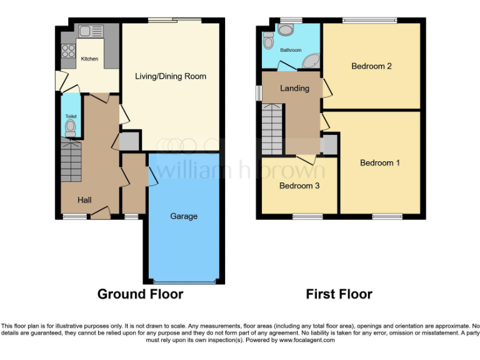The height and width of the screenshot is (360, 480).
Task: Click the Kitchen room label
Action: (89, 59)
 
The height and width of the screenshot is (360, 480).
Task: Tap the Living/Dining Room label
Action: (171, 76)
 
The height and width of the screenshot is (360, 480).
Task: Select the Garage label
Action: (184, 216)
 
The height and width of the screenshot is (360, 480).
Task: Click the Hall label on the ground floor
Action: (84, 200)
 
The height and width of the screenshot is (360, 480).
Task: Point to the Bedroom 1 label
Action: (380, 163)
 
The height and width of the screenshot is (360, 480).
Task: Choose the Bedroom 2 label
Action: (371, 66)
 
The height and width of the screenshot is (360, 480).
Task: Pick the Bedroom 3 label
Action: (299, 186)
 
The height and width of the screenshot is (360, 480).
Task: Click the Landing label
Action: (294, 88)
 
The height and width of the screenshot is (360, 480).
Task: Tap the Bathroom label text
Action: (290, 50)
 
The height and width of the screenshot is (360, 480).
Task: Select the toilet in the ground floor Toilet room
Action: (71, 127)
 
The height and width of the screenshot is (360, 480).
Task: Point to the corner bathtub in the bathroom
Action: (309, 61)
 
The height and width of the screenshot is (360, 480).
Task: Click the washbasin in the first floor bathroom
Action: (286, 29)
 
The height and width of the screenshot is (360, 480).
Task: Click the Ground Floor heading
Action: (140, 294)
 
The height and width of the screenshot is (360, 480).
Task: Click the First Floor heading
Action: (339, 294)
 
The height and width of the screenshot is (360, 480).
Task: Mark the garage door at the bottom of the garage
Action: (184, 280)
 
